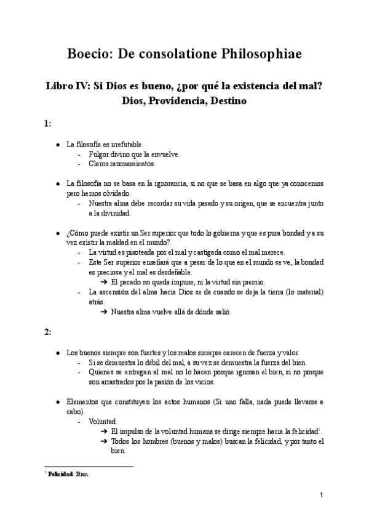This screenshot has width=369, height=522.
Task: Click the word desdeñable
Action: [x=173, y=271]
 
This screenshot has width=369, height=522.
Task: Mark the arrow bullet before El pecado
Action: [x=105, y=281]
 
